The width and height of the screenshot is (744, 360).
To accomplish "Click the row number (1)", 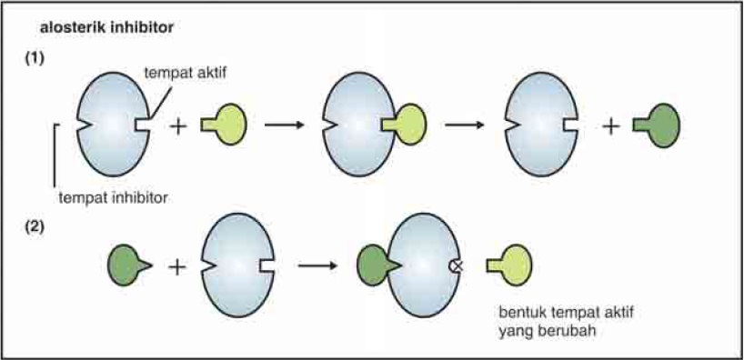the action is [x=35, y=56].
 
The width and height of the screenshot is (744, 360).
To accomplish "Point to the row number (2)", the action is [x=35, y=224].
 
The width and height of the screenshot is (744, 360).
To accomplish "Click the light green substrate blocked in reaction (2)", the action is [x=509, y=265].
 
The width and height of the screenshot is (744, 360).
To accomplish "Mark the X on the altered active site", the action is [x=457, y=265].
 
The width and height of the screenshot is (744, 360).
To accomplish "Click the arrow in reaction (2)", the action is [x=317, y=265].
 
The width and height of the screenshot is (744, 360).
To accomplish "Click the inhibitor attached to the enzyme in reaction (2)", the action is [x=374, y=265].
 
